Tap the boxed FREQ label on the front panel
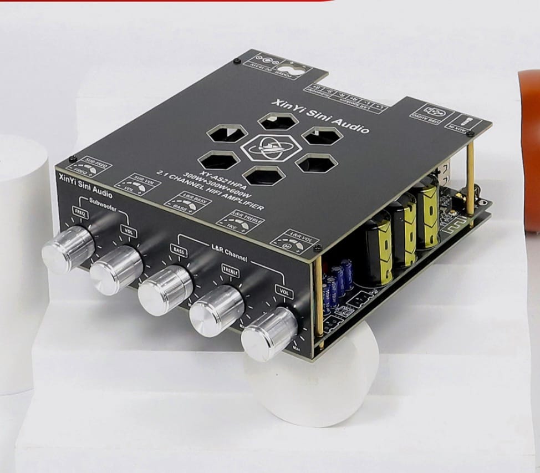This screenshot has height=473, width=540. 79,210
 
